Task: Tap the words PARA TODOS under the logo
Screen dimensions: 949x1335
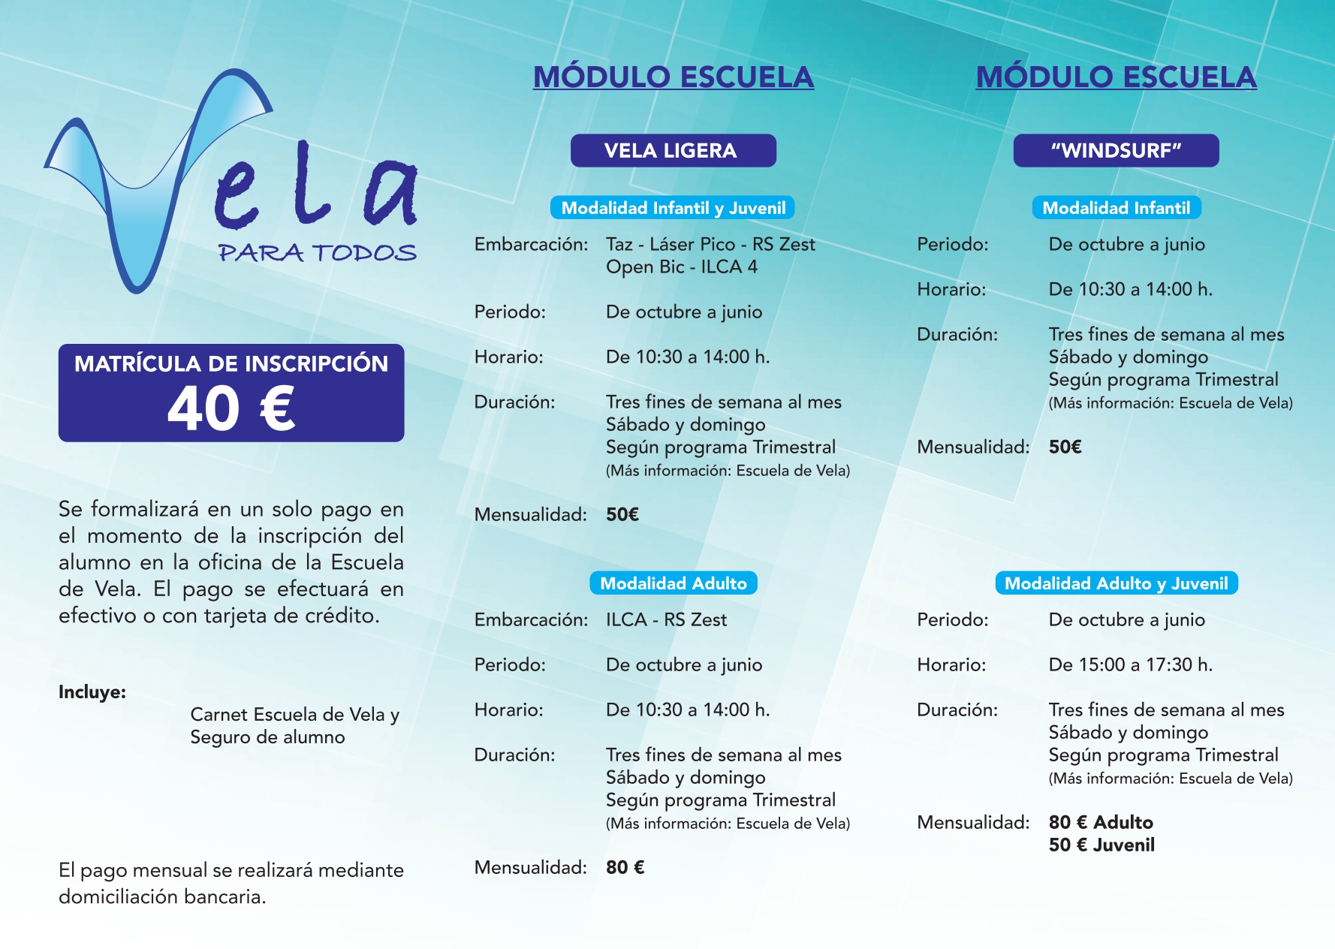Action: [317, 253]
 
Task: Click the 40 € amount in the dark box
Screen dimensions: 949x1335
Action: [231, 409]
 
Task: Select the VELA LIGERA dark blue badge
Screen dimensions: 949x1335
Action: [673, 150]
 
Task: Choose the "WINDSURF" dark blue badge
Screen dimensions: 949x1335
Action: [1116, 150]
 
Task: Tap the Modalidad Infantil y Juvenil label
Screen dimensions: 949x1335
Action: [673, 208]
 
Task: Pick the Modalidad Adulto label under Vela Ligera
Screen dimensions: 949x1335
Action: [673, 583]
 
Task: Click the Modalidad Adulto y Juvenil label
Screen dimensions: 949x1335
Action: [1116, 583]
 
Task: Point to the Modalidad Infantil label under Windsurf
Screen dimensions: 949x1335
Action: [1116, 208]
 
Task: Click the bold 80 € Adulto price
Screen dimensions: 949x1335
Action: [1100, 822]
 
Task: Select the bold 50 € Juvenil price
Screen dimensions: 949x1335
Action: [1101, 845]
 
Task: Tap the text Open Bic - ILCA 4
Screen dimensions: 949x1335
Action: [681, 267]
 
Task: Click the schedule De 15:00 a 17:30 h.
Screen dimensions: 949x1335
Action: [1130, 664]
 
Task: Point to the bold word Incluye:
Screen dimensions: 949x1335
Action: [92, 691]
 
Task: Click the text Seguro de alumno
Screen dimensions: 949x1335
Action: [267, 737]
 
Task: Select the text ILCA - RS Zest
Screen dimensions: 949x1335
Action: [666, 619]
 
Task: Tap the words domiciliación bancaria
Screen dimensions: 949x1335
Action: [162, 896]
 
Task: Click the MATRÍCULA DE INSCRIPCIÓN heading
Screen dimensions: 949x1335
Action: [231, 364]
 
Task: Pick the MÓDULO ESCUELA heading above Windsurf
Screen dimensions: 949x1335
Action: [1116, 77]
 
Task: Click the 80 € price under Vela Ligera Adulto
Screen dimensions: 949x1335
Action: [625, 867]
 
